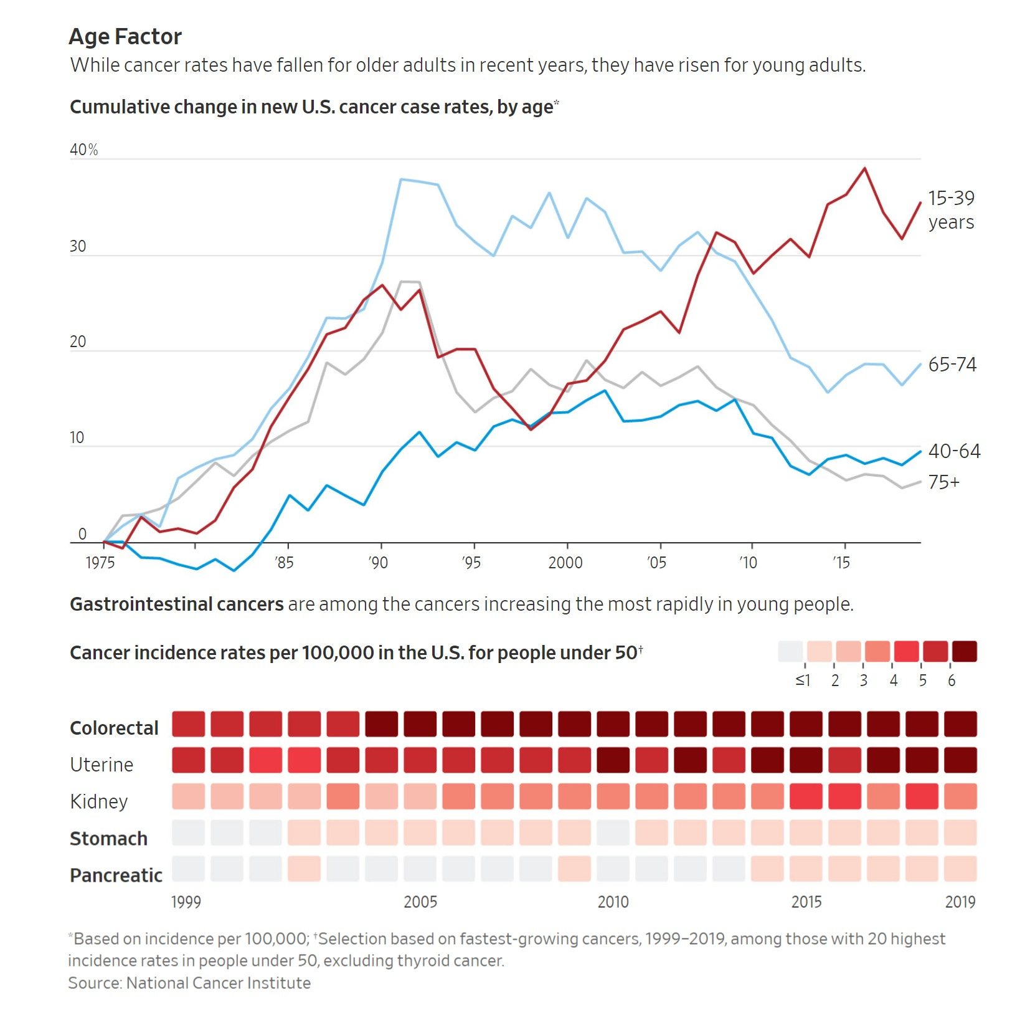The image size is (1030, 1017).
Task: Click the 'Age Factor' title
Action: pos(125,37)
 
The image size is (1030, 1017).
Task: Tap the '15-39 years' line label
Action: pos(951,210)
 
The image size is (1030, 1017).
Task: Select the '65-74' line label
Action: pos(952,365)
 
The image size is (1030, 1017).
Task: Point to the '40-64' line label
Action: pos(954,451)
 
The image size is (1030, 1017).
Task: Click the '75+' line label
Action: pos(944,482)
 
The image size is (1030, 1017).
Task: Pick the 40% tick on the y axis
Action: pos(84,150)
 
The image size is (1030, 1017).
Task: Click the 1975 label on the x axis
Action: pos(100,563)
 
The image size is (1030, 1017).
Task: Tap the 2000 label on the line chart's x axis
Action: pos(565,563)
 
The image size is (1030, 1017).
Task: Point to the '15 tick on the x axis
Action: pos(841,563)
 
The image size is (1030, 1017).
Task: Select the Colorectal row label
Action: pos(114,728)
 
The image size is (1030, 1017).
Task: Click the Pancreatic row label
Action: pos(116,876)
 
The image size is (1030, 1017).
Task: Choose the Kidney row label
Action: pos(99,801)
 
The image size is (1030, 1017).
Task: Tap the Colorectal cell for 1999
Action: pos(188,724)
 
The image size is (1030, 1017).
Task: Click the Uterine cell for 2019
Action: pos(960,760)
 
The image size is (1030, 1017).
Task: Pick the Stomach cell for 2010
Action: pos(613,833)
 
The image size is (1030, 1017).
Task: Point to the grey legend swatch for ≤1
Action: pos(790,651)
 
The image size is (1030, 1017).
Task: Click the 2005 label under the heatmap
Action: pos(420,902)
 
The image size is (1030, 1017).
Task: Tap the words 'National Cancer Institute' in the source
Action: pos(218,983)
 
